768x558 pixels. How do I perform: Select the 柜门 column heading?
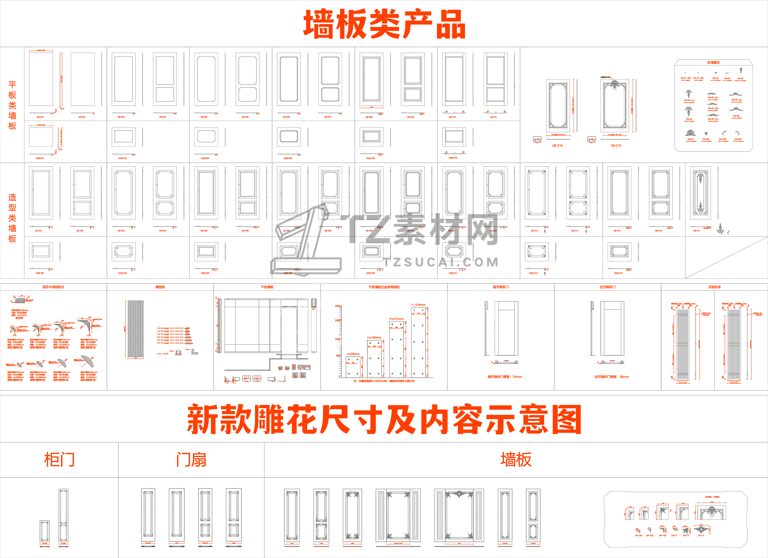coord(59,460)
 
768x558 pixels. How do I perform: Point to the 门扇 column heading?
coord(191,460)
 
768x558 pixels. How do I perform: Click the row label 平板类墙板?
coord(12,105)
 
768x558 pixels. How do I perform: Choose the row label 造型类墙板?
coord(12,218)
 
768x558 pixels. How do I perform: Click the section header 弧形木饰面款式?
coord(53,287)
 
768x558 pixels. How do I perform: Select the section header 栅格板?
coord(160,287)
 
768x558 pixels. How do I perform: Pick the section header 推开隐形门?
coord(501,287)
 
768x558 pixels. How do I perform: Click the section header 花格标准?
coord(714,287)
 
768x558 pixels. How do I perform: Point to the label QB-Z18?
coord(557,145)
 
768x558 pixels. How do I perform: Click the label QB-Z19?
coord(616,145)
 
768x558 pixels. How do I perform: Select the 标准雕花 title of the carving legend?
coord(714,63)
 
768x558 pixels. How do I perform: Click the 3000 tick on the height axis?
coord(338,306)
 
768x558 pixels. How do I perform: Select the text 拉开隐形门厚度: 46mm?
coord(612,377)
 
